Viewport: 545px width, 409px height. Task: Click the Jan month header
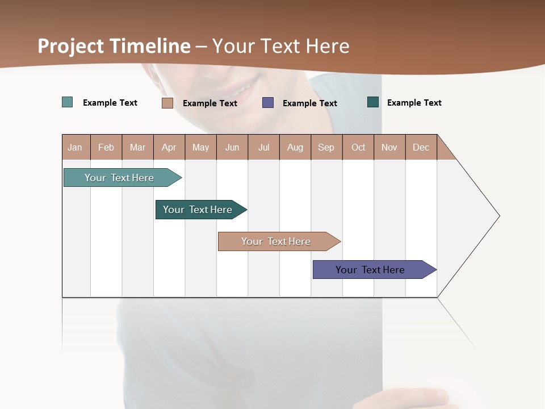[76, 147]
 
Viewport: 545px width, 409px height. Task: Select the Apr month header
[169, 147]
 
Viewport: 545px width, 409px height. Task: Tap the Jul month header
[263, 147]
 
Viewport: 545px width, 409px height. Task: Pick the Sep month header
[326, 147]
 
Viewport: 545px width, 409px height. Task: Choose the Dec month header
[421, 147]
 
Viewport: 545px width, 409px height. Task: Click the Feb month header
[106, 147]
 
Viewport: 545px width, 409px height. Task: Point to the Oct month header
[358, 147]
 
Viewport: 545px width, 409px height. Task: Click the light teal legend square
[67, 102]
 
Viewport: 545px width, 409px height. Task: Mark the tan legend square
[167, 103]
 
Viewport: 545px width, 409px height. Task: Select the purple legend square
[267, 103]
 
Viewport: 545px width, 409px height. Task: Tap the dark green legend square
[372, 102]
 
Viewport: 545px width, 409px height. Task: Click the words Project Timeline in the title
[114, 46]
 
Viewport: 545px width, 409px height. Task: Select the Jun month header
[232, 147]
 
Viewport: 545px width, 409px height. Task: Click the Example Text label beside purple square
[309, 103]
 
